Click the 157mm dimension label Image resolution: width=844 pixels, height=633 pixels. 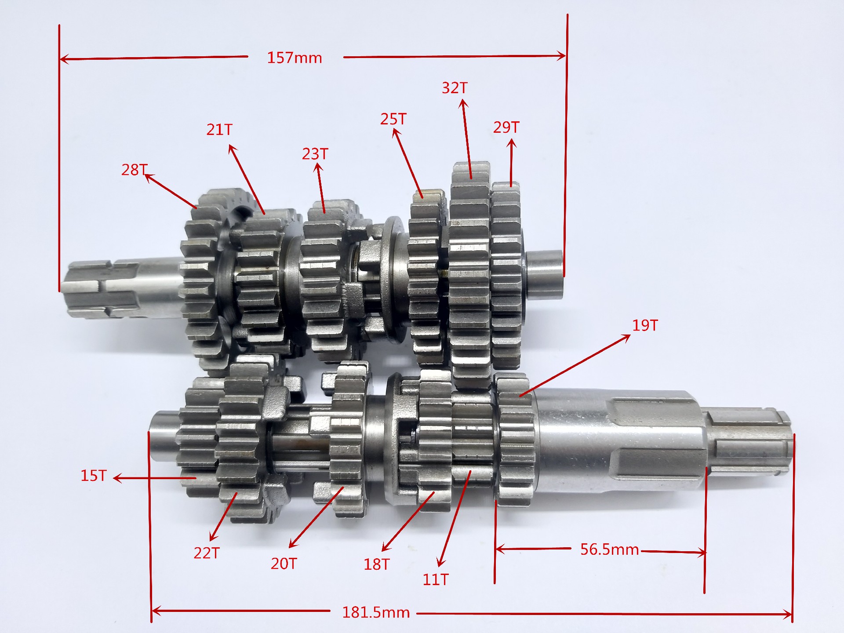295,58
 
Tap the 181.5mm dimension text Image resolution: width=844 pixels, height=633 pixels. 376,612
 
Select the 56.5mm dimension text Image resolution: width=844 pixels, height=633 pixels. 609,549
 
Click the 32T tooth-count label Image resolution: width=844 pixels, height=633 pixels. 455,88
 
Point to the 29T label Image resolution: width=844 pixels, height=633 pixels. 506,127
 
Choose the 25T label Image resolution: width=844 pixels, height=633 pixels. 393,119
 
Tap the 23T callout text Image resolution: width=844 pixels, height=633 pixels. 315,154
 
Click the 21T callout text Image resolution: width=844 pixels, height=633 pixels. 219,130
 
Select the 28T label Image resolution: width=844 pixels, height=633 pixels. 135,170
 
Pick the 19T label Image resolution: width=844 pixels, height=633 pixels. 645,325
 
